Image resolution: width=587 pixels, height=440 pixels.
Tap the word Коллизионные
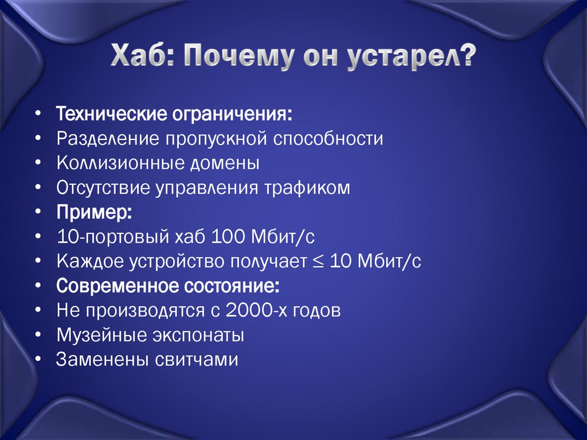(118, 163)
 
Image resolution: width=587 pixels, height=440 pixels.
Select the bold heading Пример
(93, 212)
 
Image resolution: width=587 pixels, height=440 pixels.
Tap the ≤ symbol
(318, 262)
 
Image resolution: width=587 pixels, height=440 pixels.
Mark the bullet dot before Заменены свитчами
(37, 360)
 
